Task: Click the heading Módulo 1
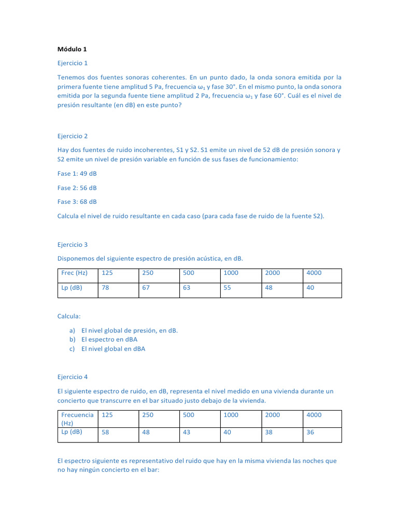[x=72, y=49]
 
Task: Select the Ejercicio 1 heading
[x=73, y=63]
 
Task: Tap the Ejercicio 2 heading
[x=73, y=136]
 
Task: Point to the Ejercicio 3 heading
[x=73, y=244]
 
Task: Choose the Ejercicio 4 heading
[x=73, y=377]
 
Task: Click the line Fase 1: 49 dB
[x=77, y=174]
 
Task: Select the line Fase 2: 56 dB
[x=77, y=188]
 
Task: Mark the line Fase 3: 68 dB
[x=77, y=202]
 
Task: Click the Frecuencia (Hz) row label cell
[x=77, y=418]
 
